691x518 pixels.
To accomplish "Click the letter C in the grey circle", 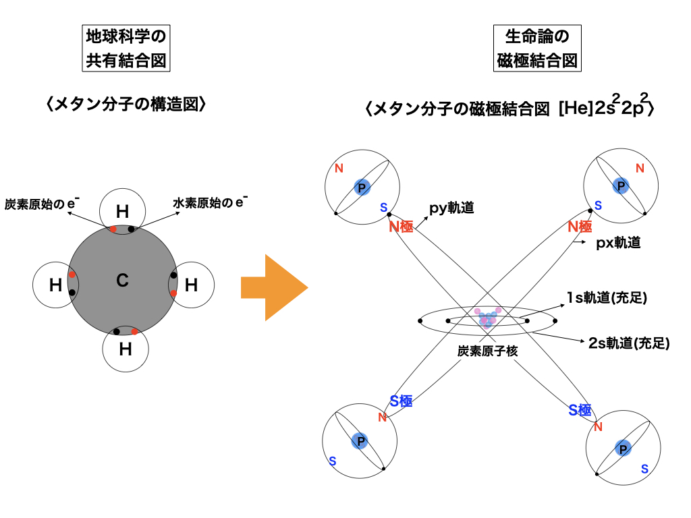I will (122, 281).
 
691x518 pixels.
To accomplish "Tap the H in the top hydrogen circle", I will (122, 212).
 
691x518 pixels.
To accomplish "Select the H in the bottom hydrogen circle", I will (125, 349).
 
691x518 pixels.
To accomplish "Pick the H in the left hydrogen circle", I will (55, 286).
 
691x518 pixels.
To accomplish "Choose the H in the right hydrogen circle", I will (191, 286).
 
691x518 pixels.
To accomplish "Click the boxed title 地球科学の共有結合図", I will (126, 49).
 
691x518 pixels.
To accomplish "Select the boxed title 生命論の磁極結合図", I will (537, 49).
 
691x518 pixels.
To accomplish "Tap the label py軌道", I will (451, 208).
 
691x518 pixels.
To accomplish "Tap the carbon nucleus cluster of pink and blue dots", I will (487, 318).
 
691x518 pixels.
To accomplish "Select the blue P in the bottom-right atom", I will (622, 448).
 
